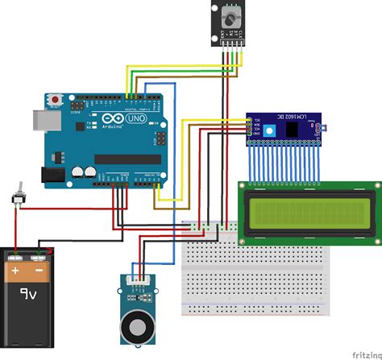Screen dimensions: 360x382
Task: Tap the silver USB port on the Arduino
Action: [41, 119]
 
